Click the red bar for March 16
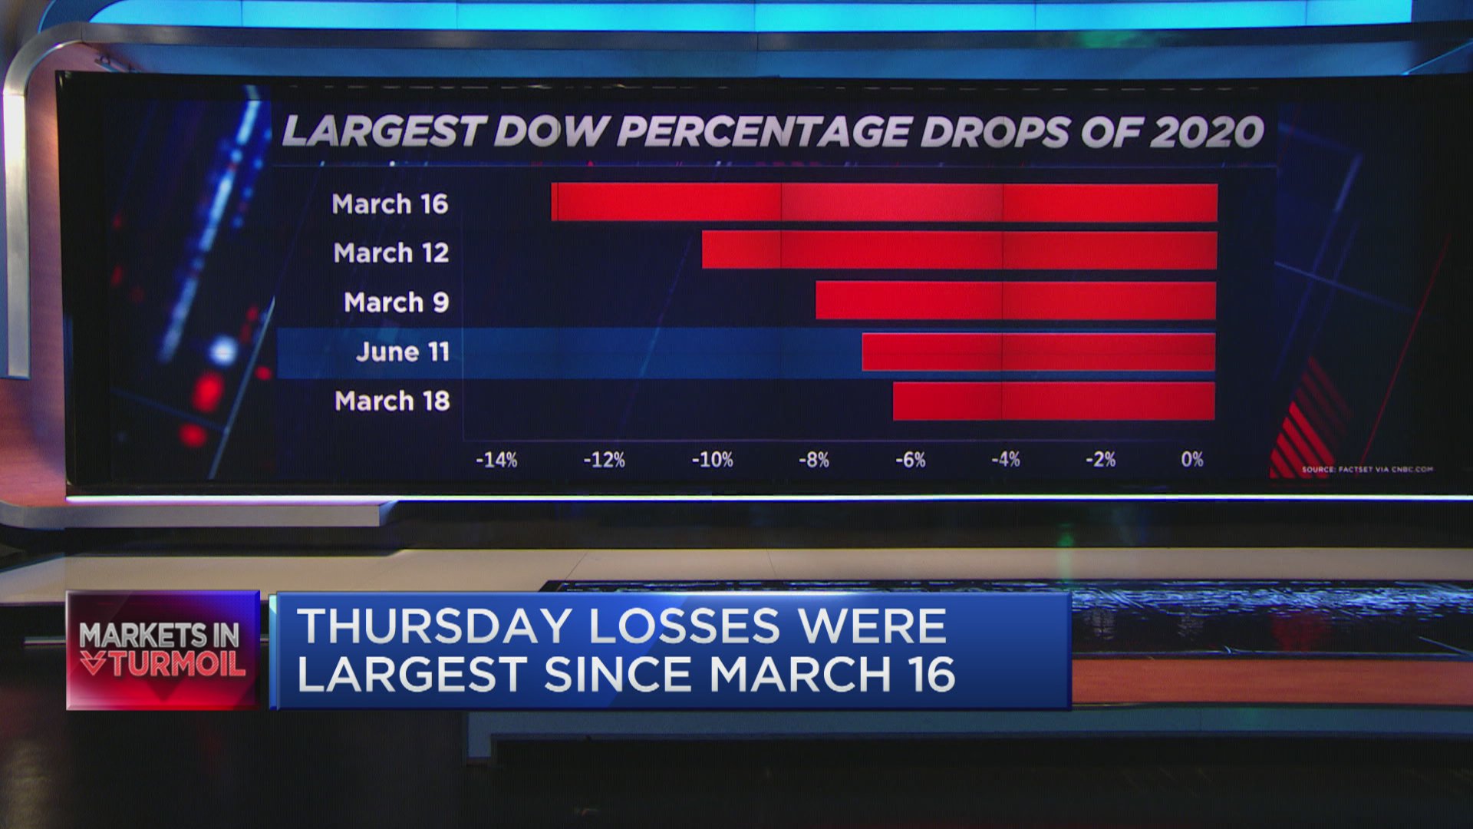pyautogui.click(x=884, y=203)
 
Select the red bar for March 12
pyautogui.click(x=959, y=250)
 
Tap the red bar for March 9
pyautogui.click(x=1016, y=300)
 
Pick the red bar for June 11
pyautogui.click(x=1039, y=352)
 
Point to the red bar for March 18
pyautogui.click(x=1054, y=401)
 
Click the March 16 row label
pyautogui.click(x=390, y=204)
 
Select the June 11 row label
pyautogui.click(x=403, y=352)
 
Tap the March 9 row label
pyautogui.click(x=396, y=302)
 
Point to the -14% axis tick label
pyautogui.click(x=496, y=460)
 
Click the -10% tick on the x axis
pyautogui.click(x=712, y=460)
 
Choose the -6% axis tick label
pyautogui.click(x=911, y=460)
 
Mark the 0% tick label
pyautogui.click(x=1192, y=459)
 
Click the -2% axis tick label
pyautogui.click(x=1100, y=459)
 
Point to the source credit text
pyautogui.click(x=1367, y=469)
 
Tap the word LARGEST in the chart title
pyautogui.click(x=384, y=132)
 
